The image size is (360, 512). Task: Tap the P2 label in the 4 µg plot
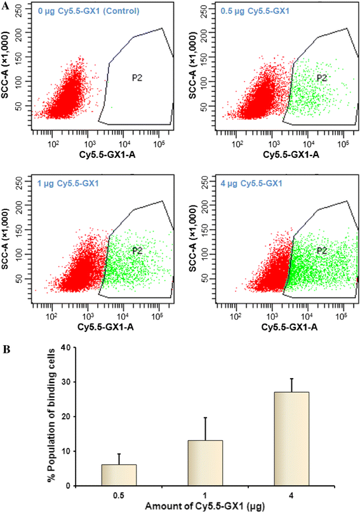(x=321, y=251)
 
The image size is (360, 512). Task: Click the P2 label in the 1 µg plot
(x=137, y=251)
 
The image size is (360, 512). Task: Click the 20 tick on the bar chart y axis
(x=63, y=416)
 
